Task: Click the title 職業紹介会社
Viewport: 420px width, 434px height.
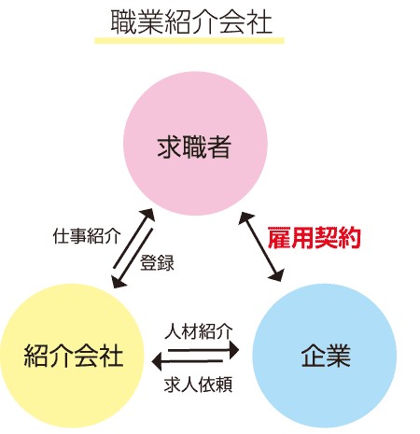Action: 191,22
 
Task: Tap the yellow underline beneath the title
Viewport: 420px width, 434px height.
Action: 189,40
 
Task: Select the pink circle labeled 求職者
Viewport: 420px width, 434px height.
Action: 195,144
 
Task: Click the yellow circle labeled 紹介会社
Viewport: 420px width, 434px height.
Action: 72,356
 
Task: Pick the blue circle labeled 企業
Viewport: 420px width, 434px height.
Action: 325,356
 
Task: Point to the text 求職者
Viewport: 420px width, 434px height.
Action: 194,147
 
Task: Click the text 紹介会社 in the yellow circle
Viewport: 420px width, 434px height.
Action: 74,356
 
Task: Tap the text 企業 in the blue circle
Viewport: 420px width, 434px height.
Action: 326,356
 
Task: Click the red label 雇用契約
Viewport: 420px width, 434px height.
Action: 315,238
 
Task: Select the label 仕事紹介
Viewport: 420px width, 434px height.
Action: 87,236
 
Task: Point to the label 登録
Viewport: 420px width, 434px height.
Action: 157,263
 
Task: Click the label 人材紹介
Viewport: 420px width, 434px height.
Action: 199,331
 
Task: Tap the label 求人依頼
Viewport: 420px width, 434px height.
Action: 198,385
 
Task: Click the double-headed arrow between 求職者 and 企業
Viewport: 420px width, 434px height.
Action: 261,246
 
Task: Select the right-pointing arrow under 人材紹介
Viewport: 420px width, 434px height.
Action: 203,350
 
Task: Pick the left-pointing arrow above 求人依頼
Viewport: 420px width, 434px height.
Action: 188,361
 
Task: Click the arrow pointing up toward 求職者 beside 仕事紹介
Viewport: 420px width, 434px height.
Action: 134,238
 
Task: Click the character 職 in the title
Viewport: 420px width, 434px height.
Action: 123,22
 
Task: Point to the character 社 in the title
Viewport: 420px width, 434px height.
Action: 260,22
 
